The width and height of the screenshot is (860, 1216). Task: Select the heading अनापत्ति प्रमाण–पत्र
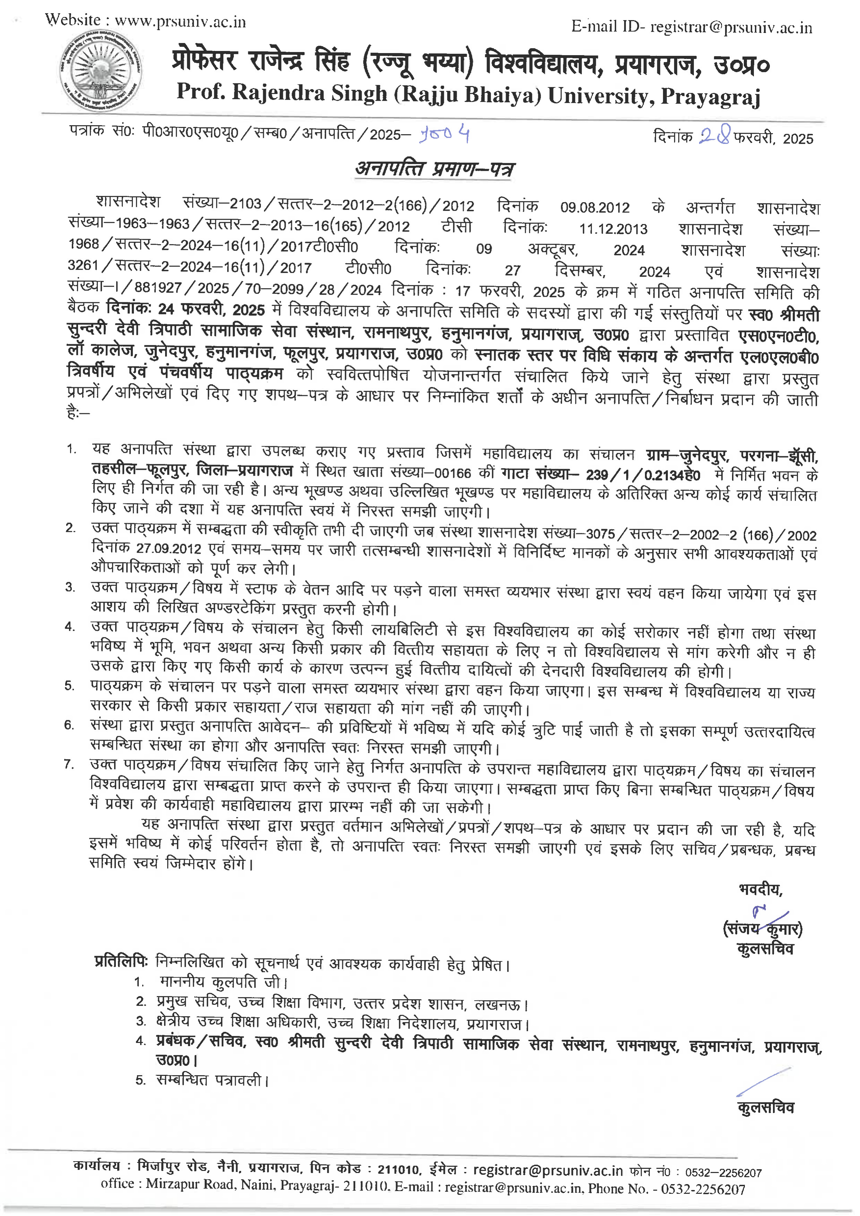click(434, 169)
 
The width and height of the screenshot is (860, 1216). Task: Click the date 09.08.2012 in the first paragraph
click(595, 207)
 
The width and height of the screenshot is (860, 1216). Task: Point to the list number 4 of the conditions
click(70, 627)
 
